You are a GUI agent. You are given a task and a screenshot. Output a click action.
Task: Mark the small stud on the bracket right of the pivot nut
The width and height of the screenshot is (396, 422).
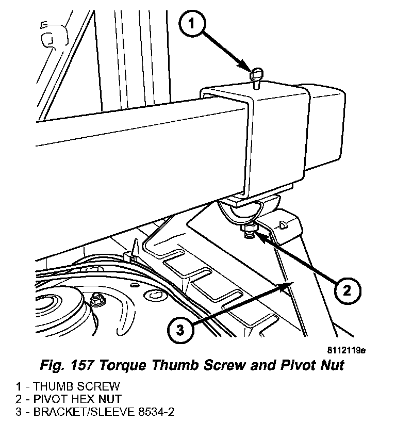282,225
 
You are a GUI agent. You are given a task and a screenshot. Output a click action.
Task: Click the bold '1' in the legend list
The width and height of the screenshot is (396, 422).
18,386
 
